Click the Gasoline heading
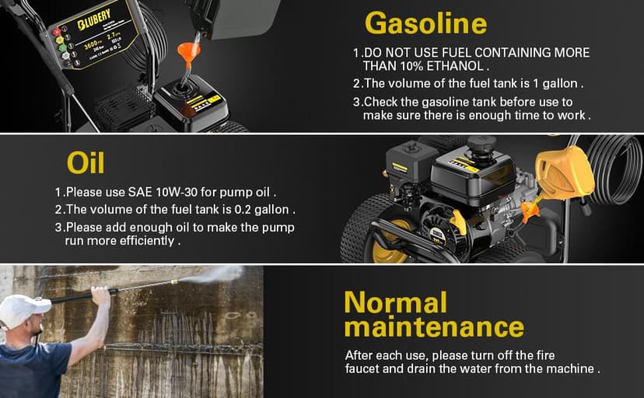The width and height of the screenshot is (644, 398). tap(425, 23)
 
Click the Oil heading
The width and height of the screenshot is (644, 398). tap(86, 162)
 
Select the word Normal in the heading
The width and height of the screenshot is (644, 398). tap(395, 302)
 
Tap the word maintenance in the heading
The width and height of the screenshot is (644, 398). tap(434, 326)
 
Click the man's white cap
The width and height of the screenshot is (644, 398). tap(23, 309)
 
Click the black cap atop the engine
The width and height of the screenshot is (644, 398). tap(481, 145)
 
